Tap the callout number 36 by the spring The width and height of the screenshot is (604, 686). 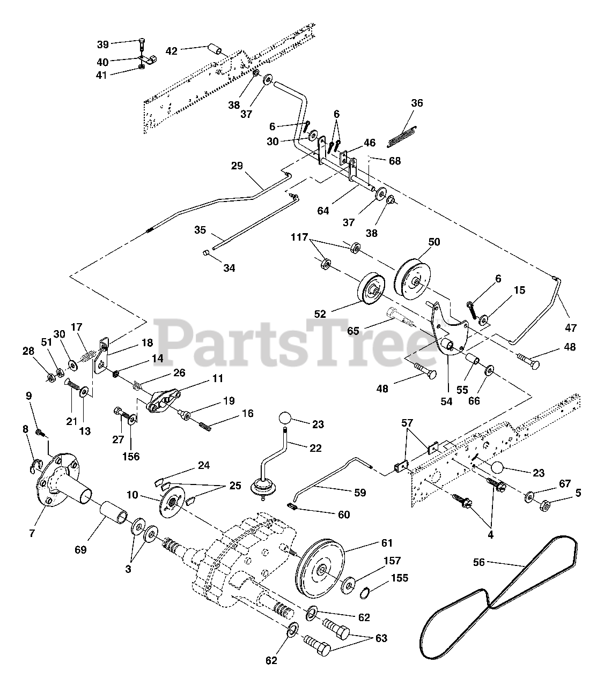point(417,103)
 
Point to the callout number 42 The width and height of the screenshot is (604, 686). point(171,51)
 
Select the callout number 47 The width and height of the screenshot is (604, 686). point(571,327)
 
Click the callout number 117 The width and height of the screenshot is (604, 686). point(300,236)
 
